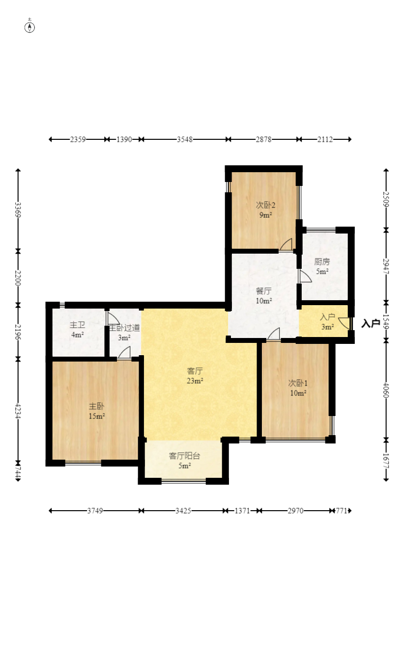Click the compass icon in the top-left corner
pyautogui.click(x=29, y=26)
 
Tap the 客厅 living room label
pyautogui.click(x=195, y=371)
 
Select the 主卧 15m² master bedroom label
pyautogui.click(x=96, y=411)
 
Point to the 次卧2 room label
pyautogui.click(x=265, y=205)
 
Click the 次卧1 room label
pyautogui.click(x=298, y=383)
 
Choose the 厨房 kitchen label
pyautogui.click(x=322, y=262)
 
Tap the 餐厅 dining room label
pyautogui.click(x=264, y=291)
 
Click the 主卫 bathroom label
pyautogui.click(x=77, y=325)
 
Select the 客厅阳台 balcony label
pyautogui.click(x=184, y=456)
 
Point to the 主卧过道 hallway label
pyautogui.click(x=124, y=328)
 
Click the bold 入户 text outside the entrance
pyautogui.click(x=371, y=323)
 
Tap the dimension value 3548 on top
pyautogui.click(x=185, y=140)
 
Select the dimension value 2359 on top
pyautogui.click(x=78, y=140)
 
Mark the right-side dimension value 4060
pyautogui.click(x=386, y=390)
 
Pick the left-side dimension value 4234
pyautogui.click(x=18, y=411)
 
